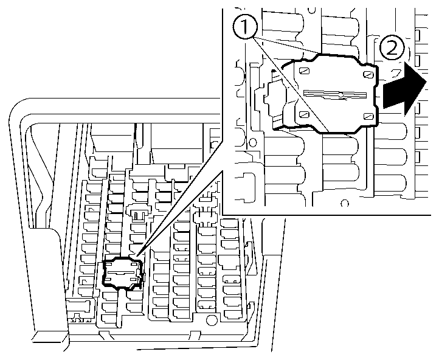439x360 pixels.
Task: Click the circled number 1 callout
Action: point(245,27)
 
